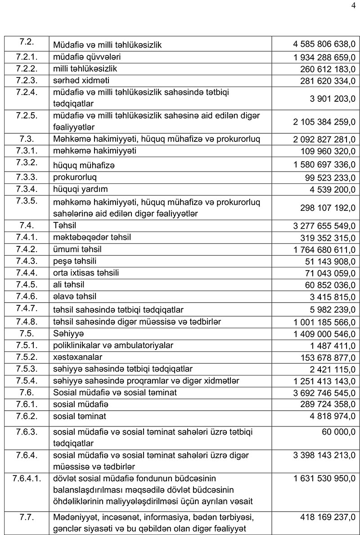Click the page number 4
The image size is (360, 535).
(352, 6)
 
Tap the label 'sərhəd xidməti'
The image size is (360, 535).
(81, 81)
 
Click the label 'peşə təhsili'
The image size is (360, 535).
(75, 261)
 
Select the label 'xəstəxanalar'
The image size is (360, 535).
(77, 357)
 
